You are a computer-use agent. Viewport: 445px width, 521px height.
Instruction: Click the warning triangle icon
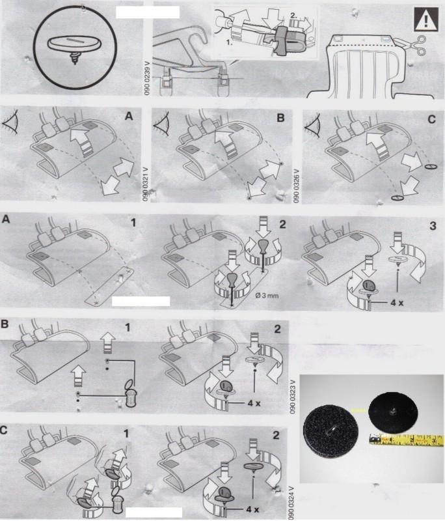pos(424,20)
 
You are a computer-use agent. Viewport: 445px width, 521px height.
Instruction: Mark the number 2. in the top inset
pos(278,13)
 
